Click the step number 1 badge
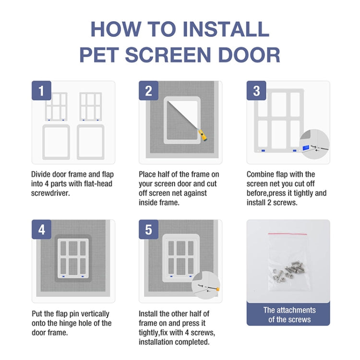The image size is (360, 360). [41, 91]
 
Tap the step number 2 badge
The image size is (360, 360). [149, 91]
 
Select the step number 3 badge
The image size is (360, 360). [256, 91]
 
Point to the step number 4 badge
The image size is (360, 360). [41, 230]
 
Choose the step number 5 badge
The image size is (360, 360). [149, 230]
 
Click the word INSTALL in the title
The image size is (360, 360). [227, 29]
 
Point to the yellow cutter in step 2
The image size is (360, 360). [204, 136]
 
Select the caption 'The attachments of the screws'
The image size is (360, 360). [289, 315]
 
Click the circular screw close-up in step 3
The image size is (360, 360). [314, 145]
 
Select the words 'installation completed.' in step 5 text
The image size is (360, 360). [174, 342]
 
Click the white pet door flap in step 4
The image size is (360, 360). [72, 260]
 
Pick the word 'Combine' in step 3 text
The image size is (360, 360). [262, 174]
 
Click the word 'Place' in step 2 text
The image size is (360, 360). [148, 174]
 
